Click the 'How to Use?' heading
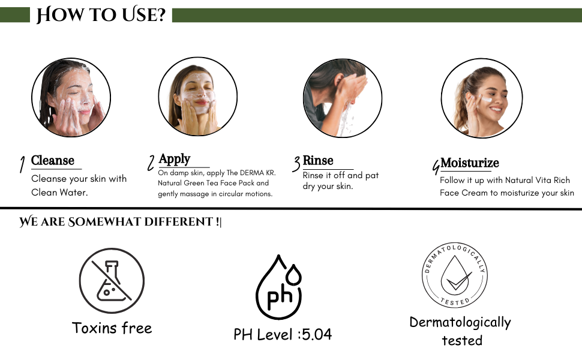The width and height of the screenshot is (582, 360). click(101, 15)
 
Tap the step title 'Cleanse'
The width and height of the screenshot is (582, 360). click(53, 160)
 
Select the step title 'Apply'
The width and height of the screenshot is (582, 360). click(175, 159)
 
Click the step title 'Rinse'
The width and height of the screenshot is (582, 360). click(318, 160)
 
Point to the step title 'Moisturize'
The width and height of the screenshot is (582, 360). click(470, 163)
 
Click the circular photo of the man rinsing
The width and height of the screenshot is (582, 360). click(342, 98)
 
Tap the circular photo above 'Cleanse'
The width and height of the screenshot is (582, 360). click(71, 97)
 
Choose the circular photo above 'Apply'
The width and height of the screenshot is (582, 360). click(198, 96)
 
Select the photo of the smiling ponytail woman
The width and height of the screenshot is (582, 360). click(482, 98)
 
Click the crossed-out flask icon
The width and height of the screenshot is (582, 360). click(112, 281)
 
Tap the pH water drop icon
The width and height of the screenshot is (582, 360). click(279, 287)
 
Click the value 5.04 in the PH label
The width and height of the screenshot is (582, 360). click(317, 334)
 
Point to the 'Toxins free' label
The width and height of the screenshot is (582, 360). click(112, 328)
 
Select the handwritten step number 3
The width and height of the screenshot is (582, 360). click(296, 164)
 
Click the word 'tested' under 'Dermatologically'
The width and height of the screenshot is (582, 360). click(462, 340)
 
